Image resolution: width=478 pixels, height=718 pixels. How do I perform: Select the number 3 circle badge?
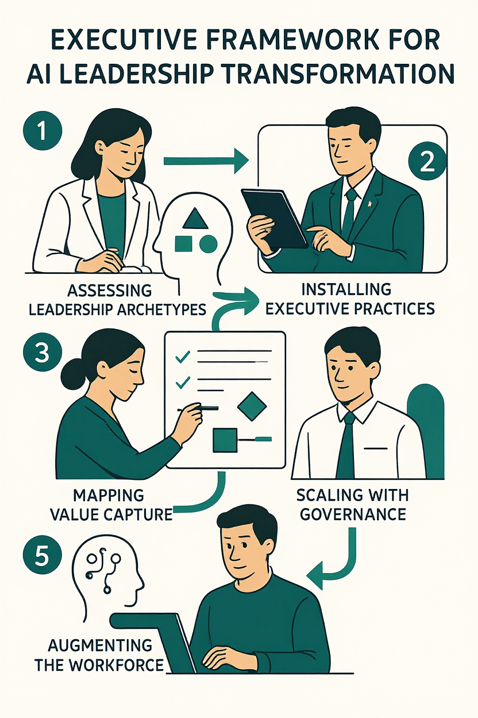pyautogui.click(x=42, y=353)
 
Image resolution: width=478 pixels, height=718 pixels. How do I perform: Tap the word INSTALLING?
pyautogui.click(x=346, y=289)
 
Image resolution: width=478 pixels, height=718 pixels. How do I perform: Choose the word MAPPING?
pyautogui.click(x=109, y=495)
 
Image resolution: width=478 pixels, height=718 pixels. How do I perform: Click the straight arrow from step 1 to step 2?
pyautogui.click(x=206, y=161)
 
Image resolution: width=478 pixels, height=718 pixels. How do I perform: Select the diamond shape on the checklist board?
pyautogui.click(x=252, y=406)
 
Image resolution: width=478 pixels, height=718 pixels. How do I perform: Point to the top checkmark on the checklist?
pyautogui.click(x=183, y=357)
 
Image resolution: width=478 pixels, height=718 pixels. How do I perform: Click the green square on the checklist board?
pyautogui.click(x=225, y=440)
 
